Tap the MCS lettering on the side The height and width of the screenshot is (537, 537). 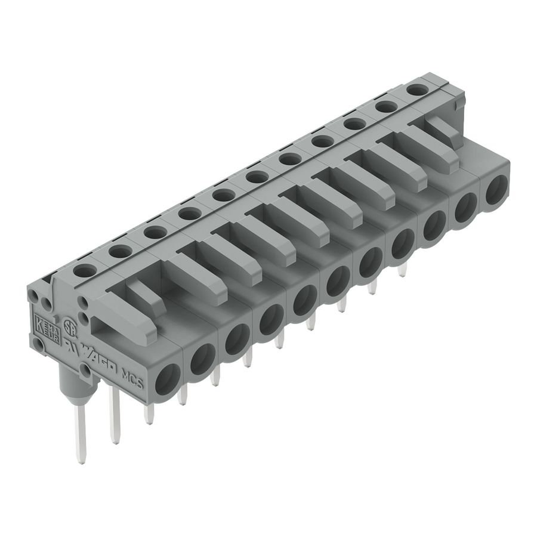click(x=132, y=379)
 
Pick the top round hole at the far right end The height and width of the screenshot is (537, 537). click(x=418, y=89)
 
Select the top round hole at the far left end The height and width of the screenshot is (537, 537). click(x=84, y=270)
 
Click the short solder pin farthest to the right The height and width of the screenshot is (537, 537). click(x=402, y=270)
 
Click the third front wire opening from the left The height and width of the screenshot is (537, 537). click(x=237, y=339)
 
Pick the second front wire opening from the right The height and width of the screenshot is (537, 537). click(x=465, y=209)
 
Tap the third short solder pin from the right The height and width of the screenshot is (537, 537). click(x=342, y=305)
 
